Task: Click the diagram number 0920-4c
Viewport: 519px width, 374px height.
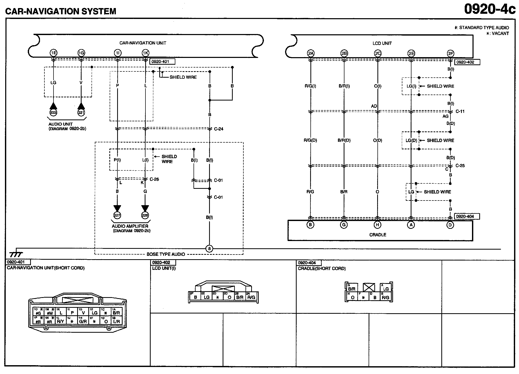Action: [490, 9]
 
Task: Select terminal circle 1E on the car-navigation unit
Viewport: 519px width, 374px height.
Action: [54, 53]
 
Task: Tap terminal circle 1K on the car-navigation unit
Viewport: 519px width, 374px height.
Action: [145, 53]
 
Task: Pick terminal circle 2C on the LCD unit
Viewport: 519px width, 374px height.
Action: [378, 54]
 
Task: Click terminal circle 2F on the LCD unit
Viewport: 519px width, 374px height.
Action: [450, 54]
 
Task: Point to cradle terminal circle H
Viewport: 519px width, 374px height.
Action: [377, 225]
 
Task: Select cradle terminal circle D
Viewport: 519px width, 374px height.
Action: [450, 225]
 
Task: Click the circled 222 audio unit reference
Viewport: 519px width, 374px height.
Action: [54, 112]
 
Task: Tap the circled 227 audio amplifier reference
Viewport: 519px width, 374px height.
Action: [117, 215]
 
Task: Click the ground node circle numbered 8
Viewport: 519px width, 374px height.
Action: [209, 249]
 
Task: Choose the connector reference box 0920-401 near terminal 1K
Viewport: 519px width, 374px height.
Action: [162, 62]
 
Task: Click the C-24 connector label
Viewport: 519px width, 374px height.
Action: [218, 129]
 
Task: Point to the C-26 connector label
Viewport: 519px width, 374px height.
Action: [154, 179]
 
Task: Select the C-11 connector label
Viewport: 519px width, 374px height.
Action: [460, 111]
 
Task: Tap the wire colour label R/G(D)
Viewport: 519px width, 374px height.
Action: [310, 141]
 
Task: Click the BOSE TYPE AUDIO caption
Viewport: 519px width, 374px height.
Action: [166, 254]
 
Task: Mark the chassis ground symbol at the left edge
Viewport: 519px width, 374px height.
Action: [16, 254]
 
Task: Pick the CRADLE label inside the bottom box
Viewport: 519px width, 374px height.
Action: [378, 235]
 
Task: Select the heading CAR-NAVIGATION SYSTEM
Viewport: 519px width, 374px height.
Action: [61, 11]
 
